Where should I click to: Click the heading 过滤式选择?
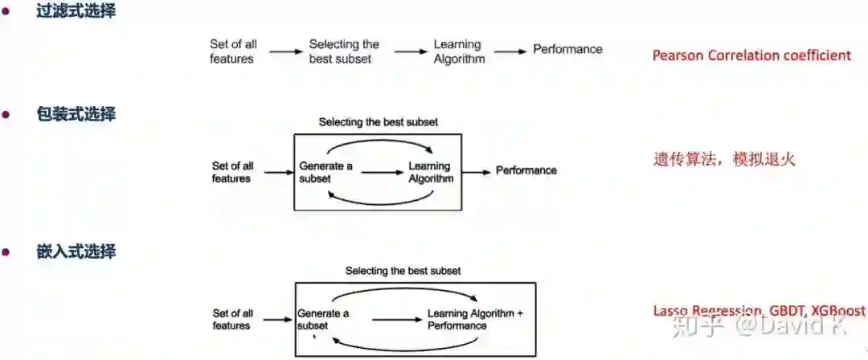click(x=76, y=12)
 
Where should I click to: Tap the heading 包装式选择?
click(x=76, y=115)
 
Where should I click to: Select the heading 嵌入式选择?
click(x=76, y=252)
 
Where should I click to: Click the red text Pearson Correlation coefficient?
click(x=751, y=55)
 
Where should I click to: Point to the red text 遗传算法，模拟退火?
click(x=724, y=159)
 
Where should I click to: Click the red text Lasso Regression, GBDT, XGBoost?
click(x=759, y=310)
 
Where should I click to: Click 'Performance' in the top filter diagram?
click(x=567, y=49)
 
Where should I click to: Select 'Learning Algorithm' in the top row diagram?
click(x=459, y=51)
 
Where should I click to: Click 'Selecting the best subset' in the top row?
click(x=344, y=51)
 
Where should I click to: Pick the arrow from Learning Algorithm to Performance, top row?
click(x=511, y=51)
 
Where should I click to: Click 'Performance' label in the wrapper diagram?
click(x=526, y=170)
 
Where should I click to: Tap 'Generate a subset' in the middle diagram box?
click(x=326, y=172)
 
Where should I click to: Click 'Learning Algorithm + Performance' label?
click(x=475, y=319)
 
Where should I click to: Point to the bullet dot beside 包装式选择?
click(x=6, y=115)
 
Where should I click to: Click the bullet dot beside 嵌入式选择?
click(x=6, y=252)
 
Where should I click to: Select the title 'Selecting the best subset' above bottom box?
click(x=403, y=271)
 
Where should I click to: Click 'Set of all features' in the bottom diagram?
click(x=232, y=319)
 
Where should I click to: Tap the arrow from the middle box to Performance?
click(x=477, y=171)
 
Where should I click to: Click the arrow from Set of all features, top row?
click(x=286, y=51)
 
